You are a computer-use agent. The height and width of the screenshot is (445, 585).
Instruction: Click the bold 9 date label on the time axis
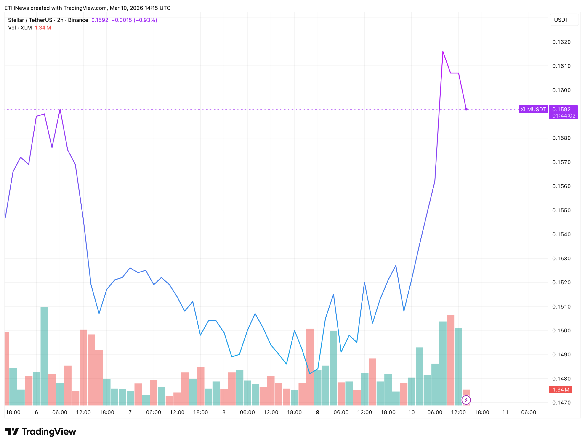(x=317, y=412)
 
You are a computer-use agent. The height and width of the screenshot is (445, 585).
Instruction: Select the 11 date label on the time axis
(x=505, y=412)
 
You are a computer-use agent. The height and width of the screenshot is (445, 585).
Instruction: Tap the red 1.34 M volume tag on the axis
(x=560, y=389)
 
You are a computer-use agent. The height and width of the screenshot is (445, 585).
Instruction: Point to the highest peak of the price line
(x=443, y=52)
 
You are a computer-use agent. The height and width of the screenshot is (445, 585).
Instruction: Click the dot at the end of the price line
(x=466, y=109)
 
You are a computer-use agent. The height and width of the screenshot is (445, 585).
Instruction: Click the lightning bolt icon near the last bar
(x=466, y=400)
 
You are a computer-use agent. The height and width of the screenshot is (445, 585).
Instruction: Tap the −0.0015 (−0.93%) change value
(x=134, y=20)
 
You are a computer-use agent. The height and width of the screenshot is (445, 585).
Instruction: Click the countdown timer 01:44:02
(x=564, y=116)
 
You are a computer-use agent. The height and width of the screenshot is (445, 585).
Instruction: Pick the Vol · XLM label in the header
(x=20, y=28)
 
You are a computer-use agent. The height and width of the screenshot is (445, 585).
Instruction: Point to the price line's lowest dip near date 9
(x=310, y=374)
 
